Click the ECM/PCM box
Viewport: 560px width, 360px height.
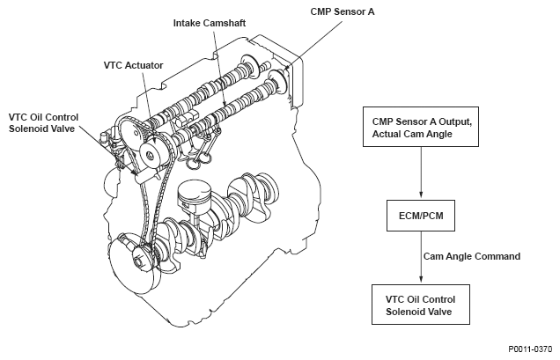click(x=421, y=216)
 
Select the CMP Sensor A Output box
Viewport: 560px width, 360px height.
click(x=421, y=127)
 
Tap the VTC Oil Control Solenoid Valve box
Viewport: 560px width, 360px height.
click(x=421, y=305)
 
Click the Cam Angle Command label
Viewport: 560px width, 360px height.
click(x=472, y=256)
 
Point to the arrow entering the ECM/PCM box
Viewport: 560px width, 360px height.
click(x=421, y=173)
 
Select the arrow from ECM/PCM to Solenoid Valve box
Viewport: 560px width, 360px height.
click(x=421, y=257)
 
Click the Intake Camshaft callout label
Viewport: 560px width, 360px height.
click(x=210, y=23)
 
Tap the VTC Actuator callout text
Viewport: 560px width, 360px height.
click(x=133, y=65)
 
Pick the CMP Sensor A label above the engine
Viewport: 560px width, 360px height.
click(x=343, y=11)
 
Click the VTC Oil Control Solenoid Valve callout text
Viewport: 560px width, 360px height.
click(x=43, y=123)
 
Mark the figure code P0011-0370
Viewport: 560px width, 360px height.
click(x=530, y=349)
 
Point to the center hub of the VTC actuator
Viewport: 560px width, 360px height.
click(x=150, y=156)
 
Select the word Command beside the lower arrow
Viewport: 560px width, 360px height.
click(x=497, y=256)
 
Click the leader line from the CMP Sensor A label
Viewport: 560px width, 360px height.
click(x=314, y=43)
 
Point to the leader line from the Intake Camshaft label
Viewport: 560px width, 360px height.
click(x=219, y=67)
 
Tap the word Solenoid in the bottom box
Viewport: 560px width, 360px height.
click(x=403, y=312)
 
